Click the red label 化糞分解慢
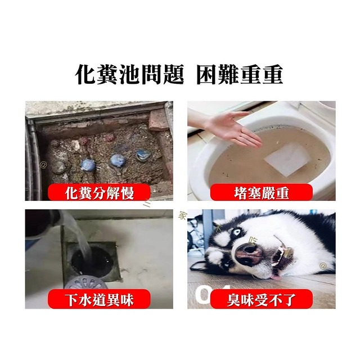coord(98,193)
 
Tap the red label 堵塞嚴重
coord(261,193)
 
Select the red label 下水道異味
coord(98,298)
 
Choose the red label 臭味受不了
coord(261,298)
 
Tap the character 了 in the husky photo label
coord(289,298)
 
